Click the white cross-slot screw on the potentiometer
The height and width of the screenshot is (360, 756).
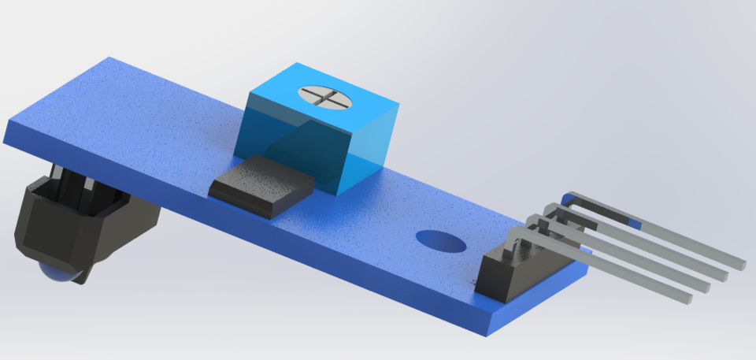323,98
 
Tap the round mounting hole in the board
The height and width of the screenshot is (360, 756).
439,240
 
